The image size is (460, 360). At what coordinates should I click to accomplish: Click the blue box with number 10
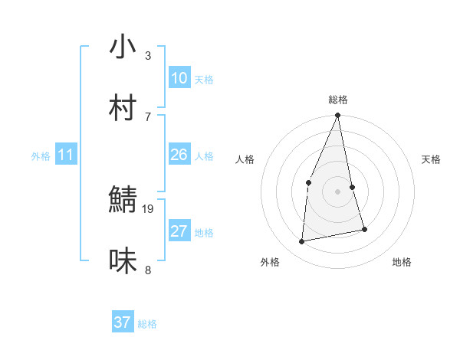[179, 78]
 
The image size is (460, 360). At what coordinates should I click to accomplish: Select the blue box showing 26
[179, 155]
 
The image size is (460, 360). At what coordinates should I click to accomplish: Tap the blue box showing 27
[179, 231]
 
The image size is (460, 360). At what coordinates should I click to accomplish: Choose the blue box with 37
[123, 322]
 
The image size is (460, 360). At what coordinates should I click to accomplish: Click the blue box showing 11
[66, 155]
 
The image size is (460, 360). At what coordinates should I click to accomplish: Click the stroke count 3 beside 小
[148, 55]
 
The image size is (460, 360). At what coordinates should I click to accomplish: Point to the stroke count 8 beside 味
[148, 270]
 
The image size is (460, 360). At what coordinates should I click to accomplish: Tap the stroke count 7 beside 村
[148, 116]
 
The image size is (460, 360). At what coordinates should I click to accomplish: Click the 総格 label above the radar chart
[338, 100]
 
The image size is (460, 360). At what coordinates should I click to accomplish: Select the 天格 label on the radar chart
[432, 159]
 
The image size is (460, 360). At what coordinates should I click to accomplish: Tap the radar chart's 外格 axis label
[270, 262]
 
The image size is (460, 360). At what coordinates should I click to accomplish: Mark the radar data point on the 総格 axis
[337, 116]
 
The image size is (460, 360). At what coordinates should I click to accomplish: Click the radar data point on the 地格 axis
[364, 229]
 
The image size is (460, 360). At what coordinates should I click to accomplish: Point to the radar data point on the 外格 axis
[302, 242]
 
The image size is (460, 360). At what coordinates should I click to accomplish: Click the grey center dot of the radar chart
[337, 191]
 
